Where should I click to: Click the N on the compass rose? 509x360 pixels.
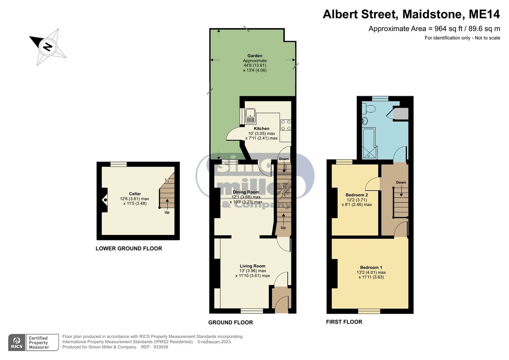pyautogui.click(x=48, y=47)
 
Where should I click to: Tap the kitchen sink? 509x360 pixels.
pyautogui.click(x=250, y=116)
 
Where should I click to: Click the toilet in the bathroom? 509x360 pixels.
pyautogui.click(x=369, y=109)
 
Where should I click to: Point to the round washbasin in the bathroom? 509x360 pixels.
pyautogui.click(x=364, y=121)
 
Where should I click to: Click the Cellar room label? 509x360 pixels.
pyautogui.click(x=135, y=194)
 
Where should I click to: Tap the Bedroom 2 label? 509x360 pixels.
pyautogui.click(x=357, y=195)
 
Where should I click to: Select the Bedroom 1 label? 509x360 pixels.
pyautogui.click(x=371, y=267)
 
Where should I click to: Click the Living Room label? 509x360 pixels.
pyautogui.click(x=252, y=266)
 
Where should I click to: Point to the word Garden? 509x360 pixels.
pyautogui.click(x=255, y=56)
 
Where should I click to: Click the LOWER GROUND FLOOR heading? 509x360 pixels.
pyautogui.click(x=129, y=248)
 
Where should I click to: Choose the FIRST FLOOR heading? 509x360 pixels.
pyautogui.click(x=344, y=322)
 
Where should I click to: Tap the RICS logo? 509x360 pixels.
pyautogui.click(x=17, y=343)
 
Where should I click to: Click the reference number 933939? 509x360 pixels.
pyautogui.click(x=161, y=347)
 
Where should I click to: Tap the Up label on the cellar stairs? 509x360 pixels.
pyautogui.click(x=167, y=212)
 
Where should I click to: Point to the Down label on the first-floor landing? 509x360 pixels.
pyautogui.click(x=401, y=182)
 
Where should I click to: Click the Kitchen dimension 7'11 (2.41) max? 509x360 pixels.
pyautogui.click(x=262, y=138)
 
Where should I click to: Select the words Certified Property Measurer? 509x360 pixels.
pyautogui.click(x=39, y=343)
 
